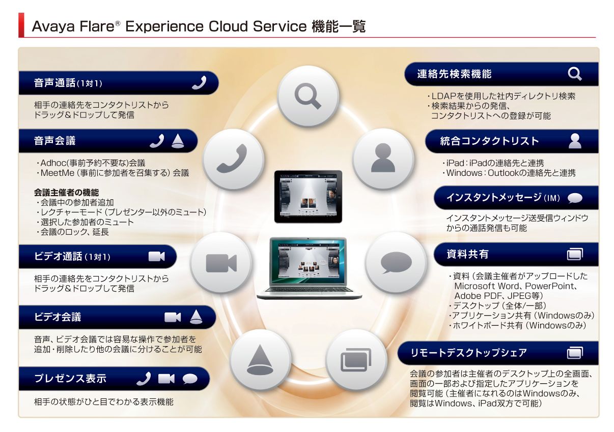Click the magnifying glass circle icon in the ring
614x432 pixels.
pos(308,96)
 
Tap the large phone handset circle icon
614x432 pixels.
pos(233,159)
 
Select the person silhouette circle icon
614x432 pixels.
pos(383,159)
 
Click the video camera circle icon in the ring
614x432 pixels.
pos(221,263)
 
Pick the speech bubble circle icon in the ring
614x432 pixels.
pos(396,263)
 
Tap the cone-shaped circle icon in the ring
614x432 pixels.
pos(260,359)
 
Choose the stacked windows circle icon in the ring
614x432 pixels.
pos(356,359)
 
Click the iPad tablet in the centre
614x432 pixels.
pos(308,197)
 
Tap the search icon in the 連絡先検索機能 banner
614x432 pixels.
pos(574,74)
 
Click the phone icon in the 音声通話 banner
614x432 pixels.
pos(199,83)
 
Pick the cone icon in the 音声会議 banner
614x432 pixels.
pos(178,141)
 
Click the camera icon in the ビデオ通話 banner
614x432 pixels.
pos(156,256)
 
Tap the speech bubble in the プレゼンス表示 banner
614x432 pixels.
pos(190,379)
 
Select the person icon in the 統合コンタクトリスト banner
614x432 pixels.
pos(575,141)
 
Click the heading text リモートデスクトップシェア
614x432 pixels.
pos(468,353)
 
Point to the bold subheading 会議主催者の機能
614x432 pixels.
pos(66,193)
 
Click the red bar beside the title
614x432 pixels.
pos(21,25)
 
